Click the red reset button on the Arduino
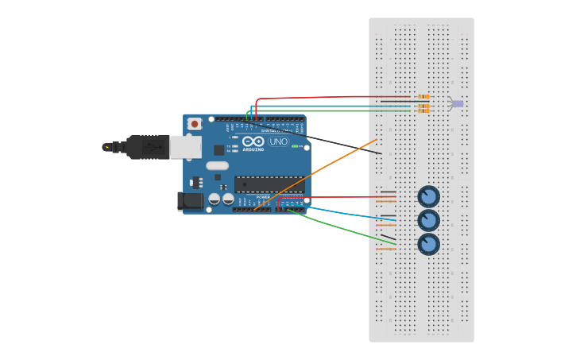(x=195, y=124)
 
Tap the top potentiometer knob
(x=428, y=196)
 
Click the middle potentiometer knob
(x=428, y=220)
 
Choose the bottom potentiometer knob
(x=428, y=244)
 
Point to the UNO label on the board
(x=278, y=141)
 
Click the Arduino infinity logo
(x=253, y=141)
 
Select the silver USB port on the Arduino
(x=185, y=146)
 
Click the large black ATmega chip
(x=269, y=184)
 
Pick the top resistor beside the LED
(x=423, y=97)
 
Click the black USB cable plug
(x=147, y=147)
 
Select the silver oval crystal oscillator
(x=217, y=166)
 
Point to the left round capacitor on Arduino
(x=214, y=199)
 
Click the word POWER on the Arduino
(x=262, y=197)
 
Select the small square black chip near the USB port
(x=218, y=149)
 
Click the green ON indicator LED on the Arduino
(x=294, y=146)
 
